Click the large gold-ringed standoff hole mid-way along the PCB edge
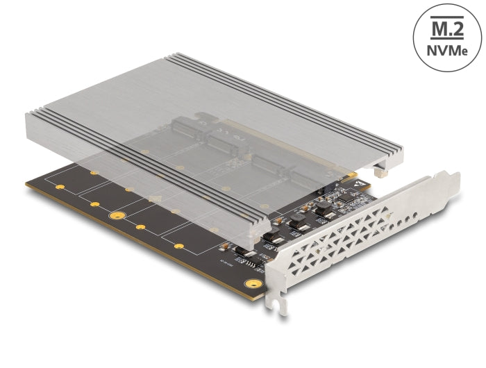117,217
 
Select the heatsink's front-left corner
28,111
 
